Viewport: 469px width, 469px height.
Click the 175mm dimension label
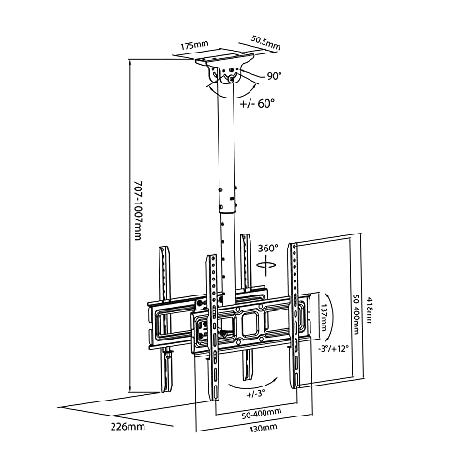194,45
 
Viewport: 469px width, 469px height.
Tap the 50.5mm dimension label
265,42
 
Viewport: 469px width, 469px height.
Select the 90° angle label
274,76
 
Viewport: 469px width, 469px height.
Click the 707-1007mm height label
138,210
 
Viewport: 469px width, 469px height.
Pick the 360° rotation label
267,249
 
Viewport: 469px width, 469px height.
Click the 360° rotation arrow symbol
266,265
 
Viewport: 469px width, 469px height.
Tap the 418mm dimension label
369,311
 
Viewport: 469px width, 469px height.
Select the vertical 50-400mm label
356,314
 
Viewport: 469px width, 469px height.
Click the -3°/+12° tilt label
332,348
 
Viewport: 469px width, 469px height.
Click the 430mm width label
263,427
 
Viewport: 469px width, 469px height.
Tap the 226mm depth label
128,426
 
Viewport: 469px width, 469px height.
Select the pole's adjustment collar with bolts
228,199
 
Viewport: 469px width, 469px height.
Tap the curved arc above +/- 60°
232,93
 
